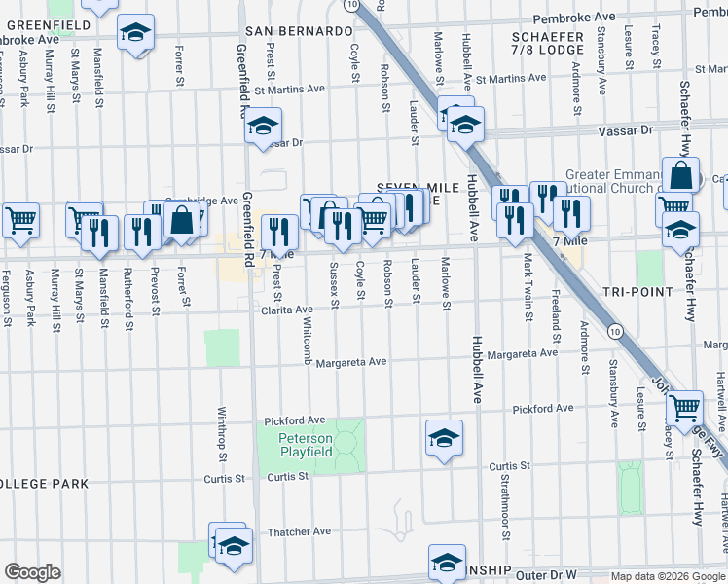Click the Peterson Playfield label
306,445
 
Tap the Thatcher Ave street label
300,531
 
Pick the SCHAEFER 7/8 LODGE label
547,43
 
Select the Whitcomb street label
308,341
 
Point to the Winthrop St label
223,434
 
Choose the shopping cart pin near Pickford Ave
686,406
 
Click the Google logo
32,572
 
